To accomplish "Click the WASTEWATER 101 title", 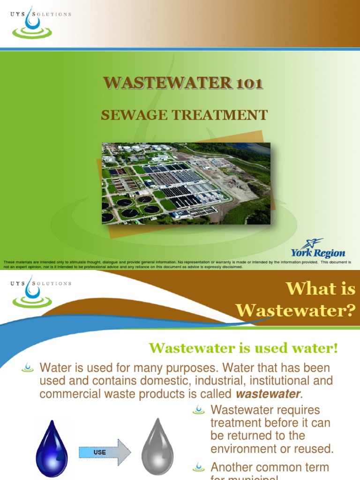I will coord(183,83).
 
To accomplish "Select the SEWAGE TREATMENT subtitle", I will coord(184,115).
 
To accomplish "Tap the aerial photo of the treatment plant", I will coord(186,183).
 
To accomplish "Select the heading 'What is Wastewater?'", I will coord(295,300).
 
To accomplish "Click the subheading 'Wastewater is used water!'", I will coord(243,348).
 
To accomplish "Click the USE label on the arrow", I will coord(100,452).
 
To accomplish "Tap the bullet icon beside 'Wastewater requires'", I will coord(199,410).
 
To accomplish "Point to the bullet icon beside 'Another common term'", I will coord(199,466).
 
